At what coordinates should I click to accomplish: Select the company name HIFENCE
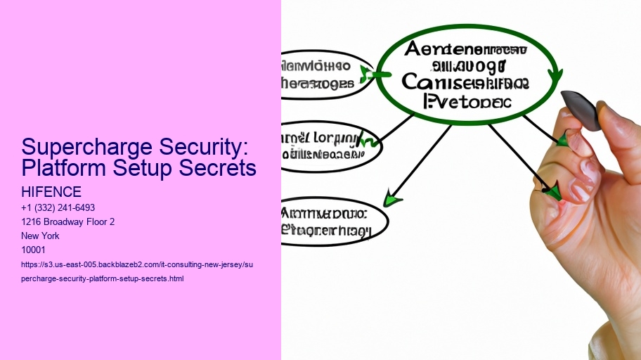click(x=51, y=192)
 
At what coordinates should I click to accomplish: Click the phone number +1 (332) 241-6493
click(x=58, y=208)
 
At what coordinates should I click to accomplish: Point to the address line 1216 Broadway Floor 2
click(x=68, y=222)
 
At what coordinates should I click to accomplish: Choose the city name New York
click(x=40, y=236)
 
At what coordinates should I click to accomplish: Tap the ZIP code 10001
click(x=34, y=250)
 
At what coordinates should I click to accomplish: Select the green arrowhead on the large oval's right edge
click(x=555, y=75)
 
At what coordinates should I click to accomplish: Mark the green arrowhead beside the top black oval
click(x=367, y=73)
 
